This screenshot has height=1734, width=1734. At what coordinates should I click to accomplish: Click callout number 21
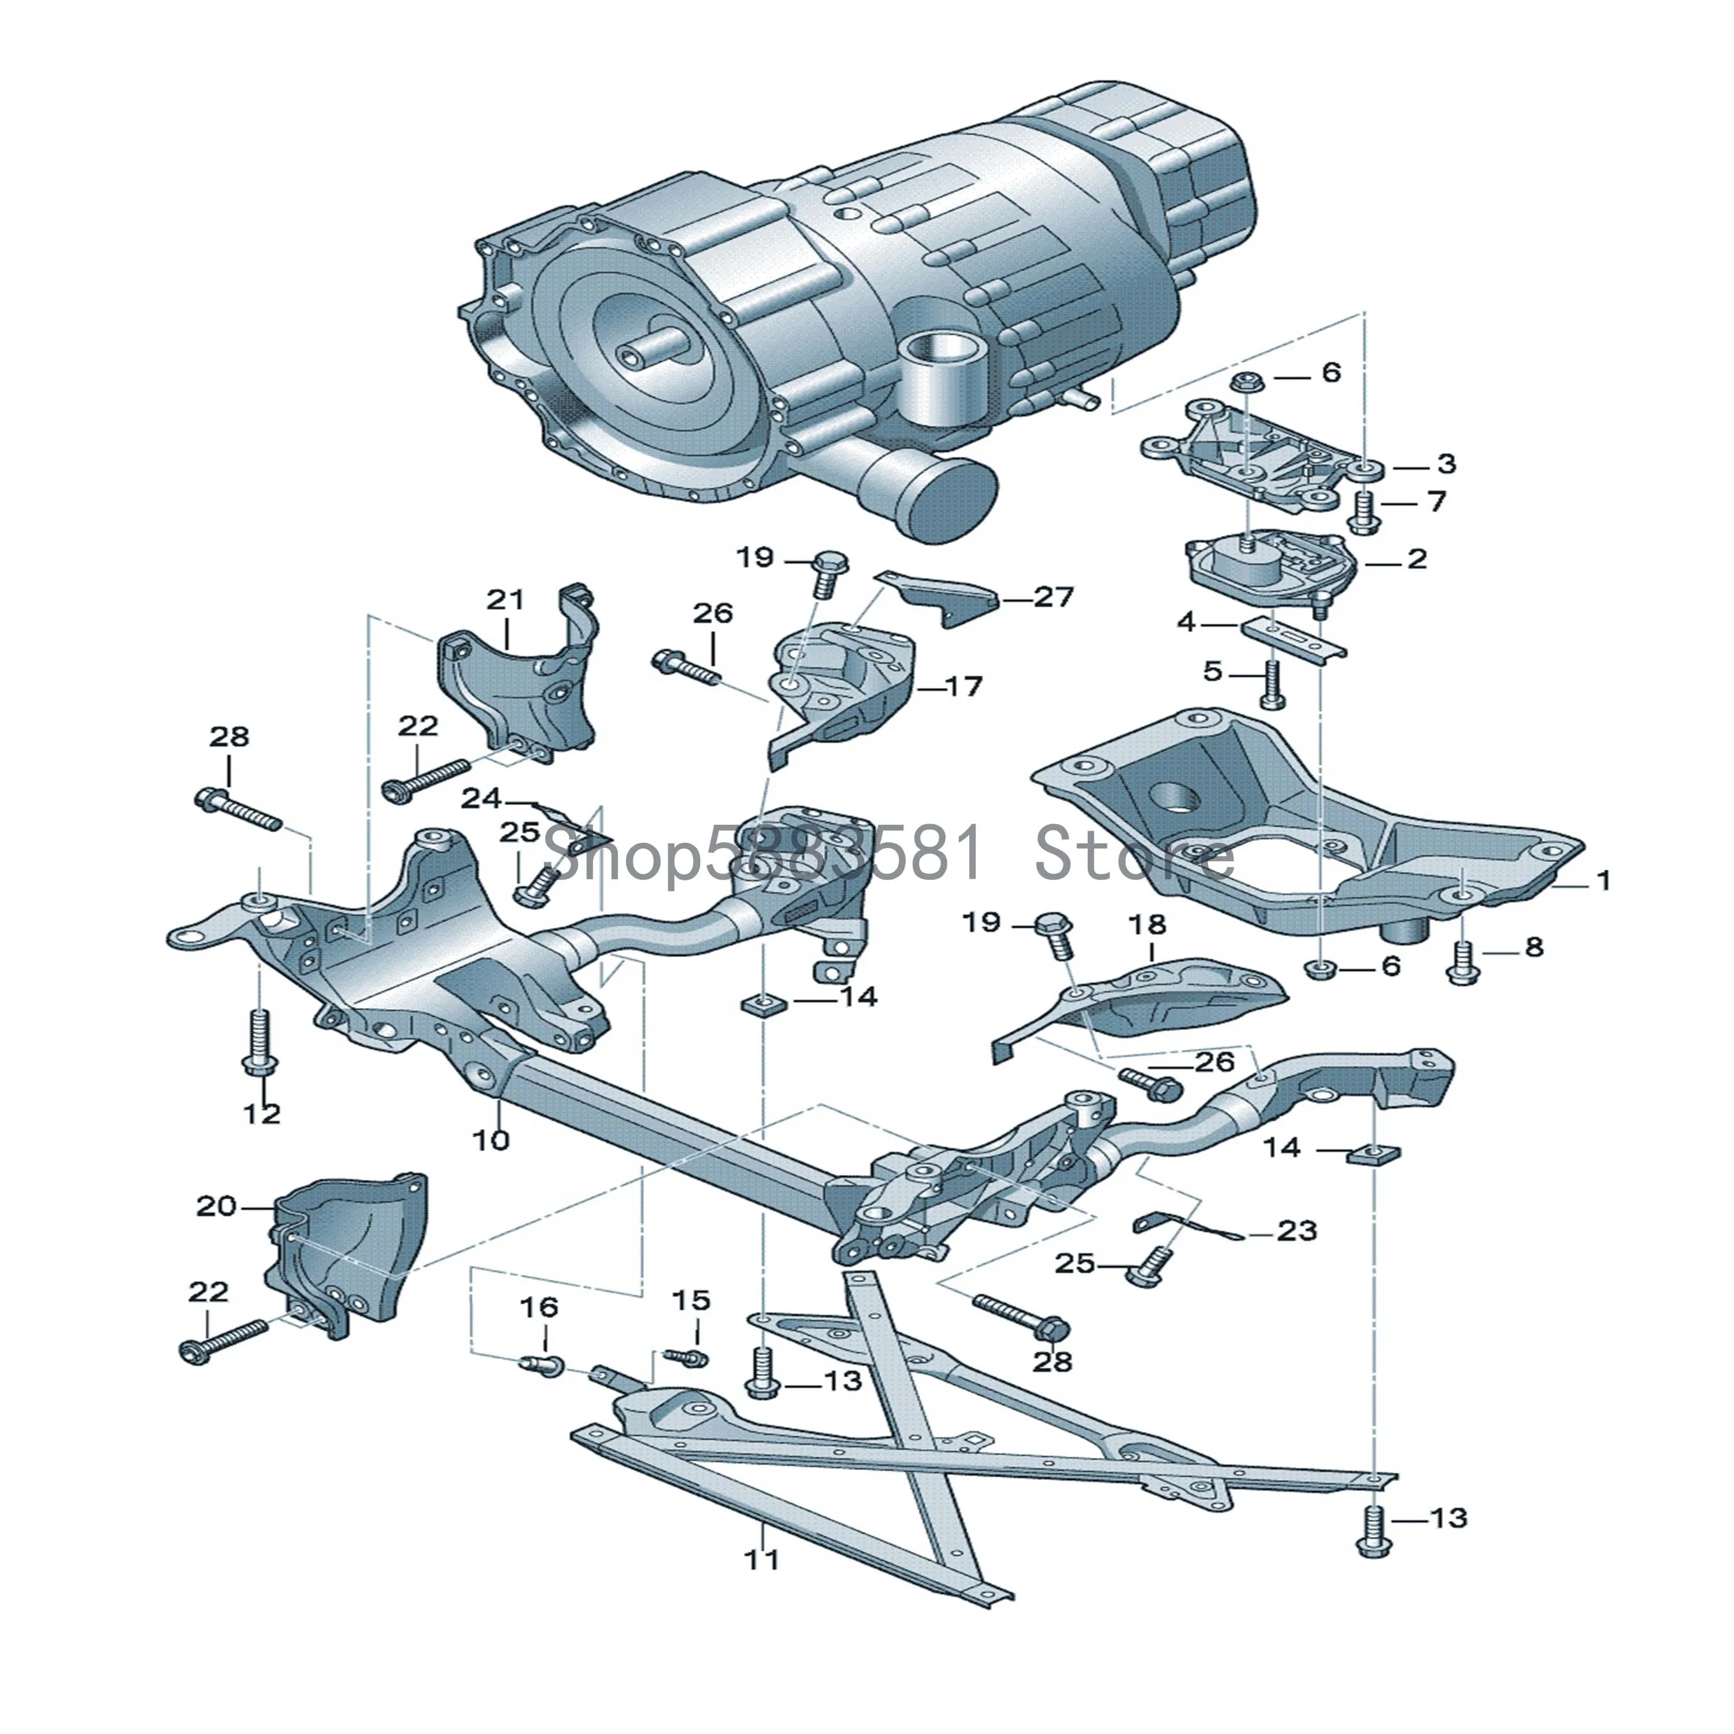click(x=505, y=599)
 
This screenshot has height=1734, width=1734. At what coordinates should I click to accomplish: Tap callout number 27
click(x=1054, y=597)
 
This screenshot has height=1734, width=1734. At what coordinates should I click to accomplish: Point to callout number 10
click(x=491, y=1140)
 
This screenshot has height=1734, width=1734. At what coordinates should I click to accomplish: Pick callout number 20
click(x=216, y=1206)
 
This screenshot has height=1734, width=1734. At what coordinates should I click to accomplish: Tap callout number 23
click(x=1298, y=1229)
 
